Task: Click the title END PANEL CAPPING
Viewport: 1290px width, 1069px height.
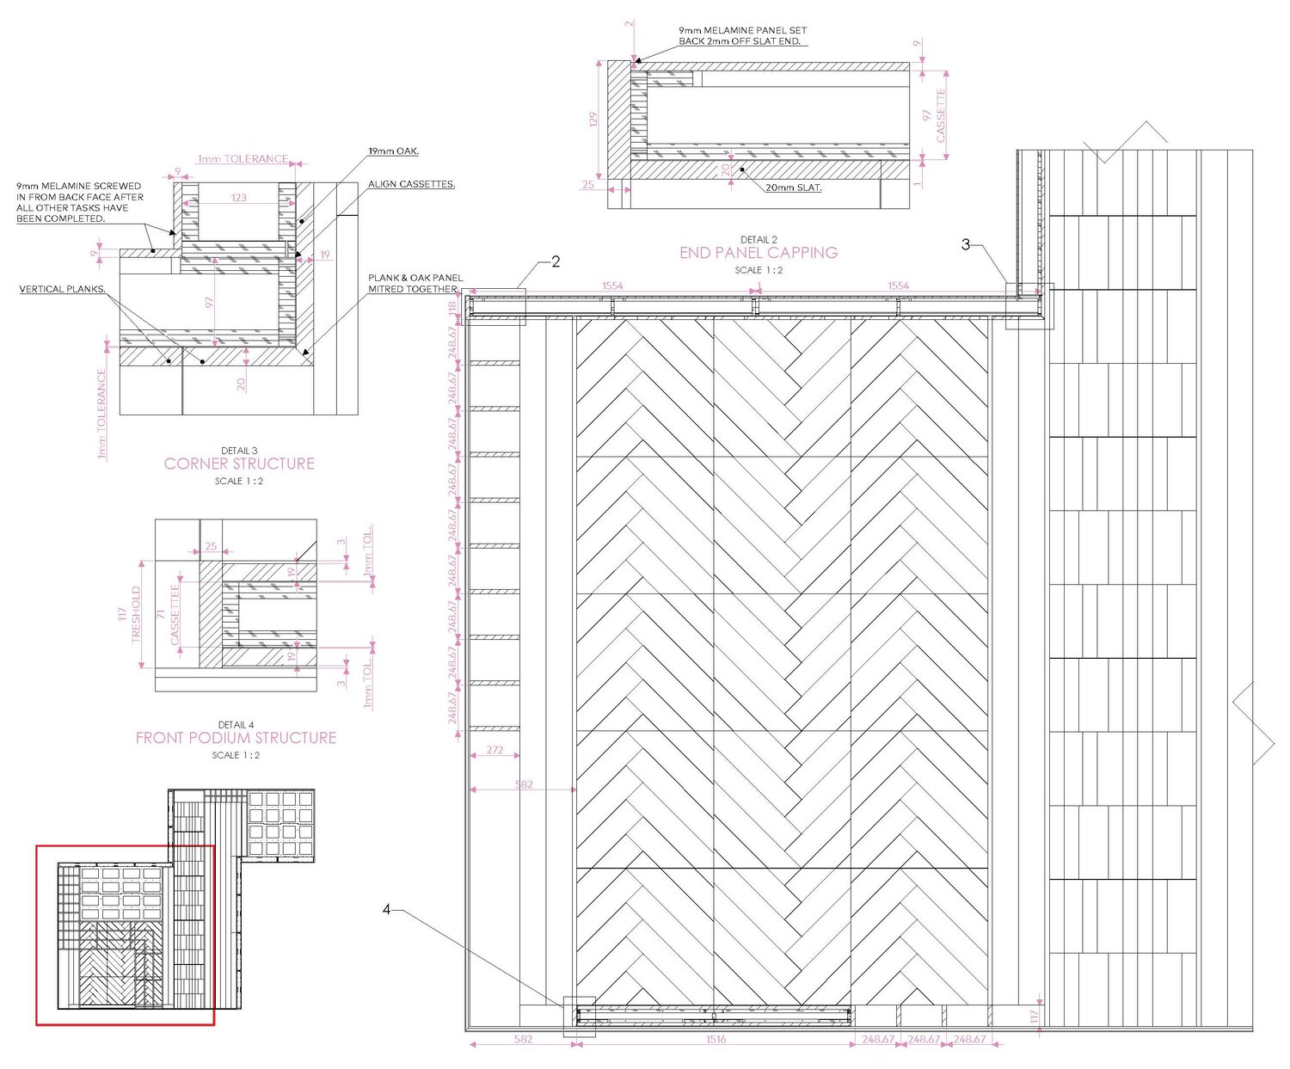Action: (x=759, y=253)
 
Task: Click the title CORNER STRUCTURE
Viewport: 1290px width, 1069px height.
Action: (x=239, y=464)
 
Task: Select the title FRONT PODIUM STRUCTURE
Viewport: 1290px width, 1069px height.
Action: (x=236, y=738)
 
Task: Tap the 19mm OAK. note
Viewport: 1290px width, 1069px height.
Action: (x=393, y=151)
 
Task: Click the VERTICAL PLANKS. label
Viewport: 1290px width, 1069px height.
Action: (x=63, y=289)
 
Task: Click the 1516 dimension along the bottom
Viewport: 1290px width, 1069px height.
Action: (x=716, y=1040)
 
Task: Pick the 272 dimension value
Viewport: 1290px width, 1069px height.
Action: (x=494, y=751)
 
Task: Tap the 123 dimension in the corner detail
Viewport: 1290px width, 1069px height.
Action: (x=239, y=198)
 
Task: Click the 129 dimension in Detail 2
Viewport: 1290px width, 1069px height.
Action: (x=593, y=121)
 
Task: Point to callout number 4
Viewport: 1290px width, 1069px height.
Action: (x=387, y=909)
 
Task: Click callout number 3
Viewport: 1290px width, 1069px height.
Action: (x=966, y=245)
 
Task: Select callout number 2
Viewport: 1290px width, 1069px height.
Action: (x=556, y=261)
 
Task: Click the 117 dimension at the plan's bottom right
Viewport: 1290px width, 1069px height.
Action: (x=1035, y=1017)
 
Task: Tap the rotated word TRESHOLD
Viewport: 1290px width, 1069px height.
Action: (x=136, y=614)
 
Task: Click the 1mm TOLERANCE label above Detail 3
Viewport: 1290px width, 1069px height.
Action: (x=243, y=159)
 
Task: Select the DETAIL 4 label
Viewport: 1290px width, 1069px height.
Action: (x=236, y=725)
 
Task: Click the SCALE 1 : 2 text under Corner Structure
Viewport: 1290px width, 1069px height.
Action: (x=239, y=482)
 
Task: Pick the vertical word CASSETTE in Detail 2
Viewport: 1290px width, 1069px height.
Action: (x=941, y=115)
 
